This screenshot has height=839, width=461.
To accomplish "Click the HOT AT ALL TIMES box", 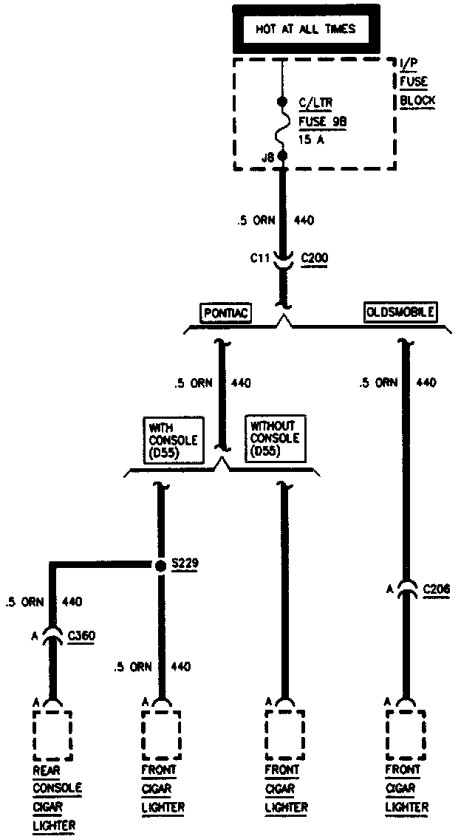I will click(305, 30).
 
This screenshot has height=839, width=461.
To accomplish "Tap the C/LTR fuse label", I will click(314, 102).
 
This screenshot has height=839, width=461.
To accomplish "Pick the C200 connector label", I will click(315, 258).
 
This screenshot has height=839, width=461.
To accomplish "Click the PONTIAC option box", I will click(225, 313).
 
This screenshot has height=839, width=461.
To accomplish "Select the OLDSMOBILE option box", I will click(400, 312).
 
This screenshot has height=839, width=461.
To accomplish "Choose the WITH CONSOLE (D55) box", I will click(173, 440).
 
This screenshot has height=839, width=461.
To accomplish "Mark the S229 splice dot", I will click(160, 566).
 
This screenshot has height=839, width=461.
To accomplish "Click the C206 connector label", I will click(437, 590).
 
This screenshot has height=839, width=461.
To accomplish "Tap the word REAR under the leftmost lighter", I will click(46, 770).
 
